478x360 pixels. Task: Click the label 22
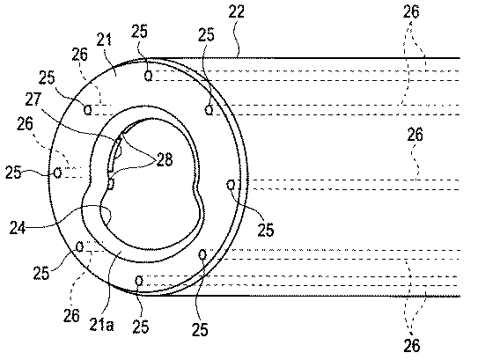237,12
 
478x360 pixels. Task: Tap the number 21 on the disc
104,40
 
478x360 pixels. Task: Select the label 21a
102,325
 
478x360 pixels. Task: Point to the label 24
18,227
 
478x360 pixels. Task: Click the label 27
33,99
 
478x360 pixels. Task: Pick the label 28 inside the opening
165,159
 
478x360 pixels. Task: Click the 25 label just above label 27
47,78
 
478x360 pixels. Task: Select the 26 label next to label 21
80,55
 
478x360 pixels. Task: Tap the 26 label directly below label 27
25,124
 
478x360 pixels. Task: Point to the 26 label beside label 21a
71,315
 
